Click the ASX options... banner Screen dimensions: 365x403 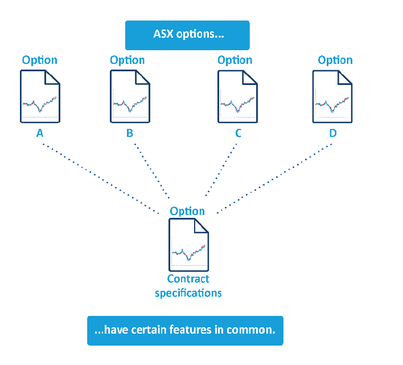point(187,35)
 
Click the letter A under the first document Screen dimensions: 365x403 point(40,133)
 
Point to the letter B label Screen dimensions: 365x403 point(130,133)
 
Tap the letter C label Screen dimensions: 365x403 point(238,133)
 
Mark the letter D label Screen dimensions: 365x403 point(333,133)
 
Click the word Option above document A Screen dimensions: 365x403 point(40,60)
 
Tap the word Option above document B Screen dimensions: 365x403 point(128,60)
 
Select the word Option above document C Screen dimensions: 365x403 point(235,60)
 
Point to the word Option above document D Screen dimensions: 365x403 point(335,60)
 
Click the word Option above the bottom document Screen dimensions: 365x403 point(187,211)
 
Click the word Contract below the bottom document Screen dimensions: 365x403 point(188,279)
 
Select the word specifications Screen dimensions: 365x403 point(188,293)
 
